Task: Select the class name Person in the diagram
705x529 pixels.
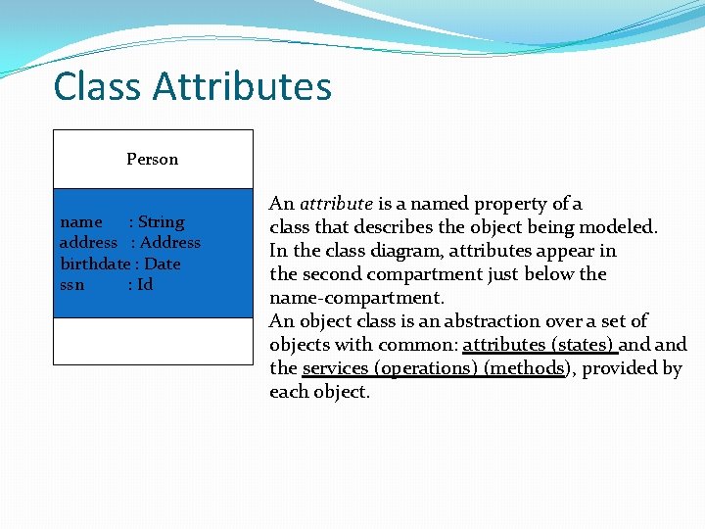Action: [153, 159]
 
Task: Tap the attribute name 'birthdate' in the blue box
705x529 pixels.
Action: [95, 264]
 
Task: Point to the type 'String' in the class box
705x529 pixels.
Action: [161, 222]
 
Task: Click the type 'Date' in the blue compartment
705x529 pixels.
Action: [163, 264]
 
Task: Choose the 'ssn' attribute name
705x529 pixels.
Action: [72, 285]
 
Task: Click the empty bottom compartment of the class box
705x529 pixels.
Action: [153, 341]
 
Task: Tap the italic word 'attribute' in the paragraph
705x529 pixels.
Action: [336, 204]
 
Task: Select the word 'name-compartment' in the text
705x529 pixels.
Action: [355, 298]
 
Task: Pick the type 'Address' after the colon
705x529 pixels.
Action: [170, 243]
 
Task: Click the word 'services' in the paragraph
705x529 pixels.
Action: [335, 368]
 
